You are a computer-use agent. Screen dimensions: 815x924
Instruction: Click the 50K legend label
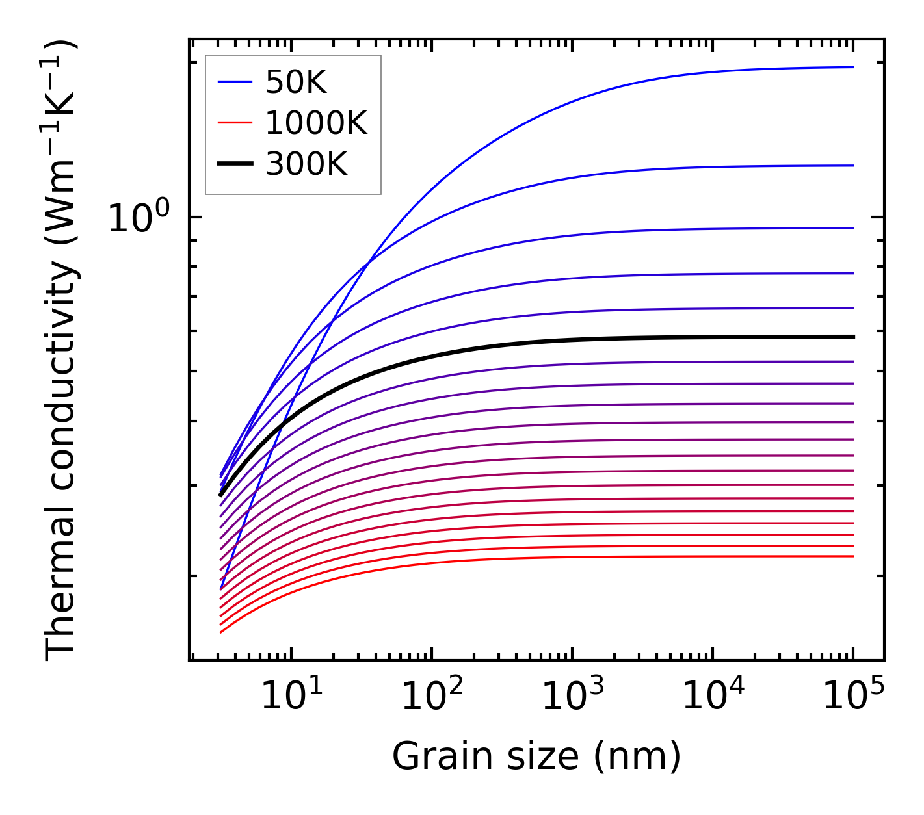coord(296,83)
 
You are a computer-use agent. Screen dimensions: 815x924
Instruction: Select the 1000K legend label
coord(316,123)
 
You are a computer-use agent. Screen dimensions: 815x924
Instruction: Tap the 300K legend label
coord(306,164)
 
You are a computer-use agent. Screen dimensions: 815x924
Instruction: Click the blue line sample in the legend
coord(234,83)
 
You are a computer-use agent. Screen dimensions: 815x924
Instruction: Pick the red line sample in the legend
coord(234,123)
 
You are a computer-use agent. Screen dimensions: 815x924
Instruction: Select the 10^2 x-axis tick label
coord(432,697)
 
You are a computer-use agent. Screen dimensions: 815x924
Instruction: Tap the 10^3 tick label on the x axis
coord(572,697)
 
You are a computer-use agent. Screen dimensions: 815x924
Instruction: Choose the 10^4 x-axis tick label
coord(713,697)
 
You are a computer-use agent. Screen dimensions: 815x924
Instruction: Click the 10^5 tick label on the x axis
coord(853,697)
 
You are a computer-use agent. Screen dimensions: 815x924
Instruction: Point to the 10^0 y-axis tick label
coord(139,219)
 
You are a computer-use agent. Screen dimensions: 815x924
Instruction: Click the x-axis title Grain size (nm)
coord(536,757)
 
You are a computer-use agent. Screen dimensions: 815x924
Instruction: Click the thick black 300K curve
coord(520,343)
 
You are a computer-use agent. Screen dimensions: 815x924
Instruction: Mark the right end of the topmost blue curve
coord(852,67)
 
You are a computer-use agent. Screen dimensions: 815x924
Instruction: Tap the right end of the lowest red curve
coord(852,556)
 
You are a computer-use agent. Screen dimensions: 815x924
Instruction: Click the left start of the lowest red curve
coord(221,632)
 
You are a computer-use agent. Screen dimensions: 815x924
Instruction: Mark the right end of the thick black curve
coord(852,337)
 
